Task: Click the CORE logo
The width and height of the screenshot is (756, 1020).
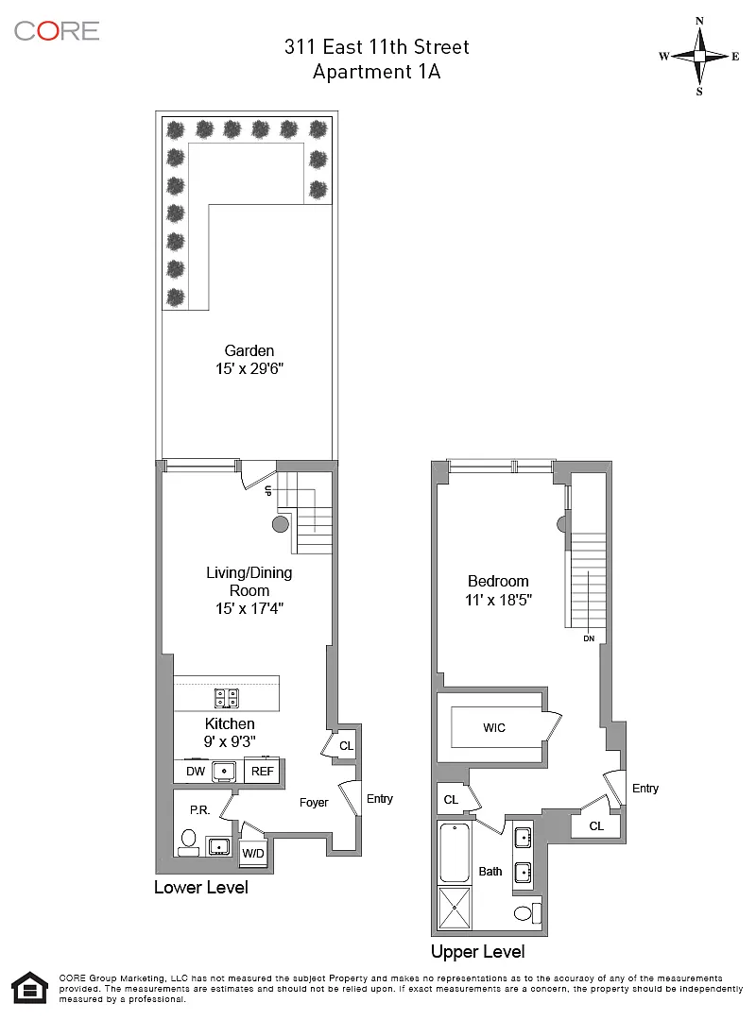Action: tap(57, 30)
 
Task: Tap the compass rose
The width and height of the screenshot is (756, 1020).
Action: tap(699, 57)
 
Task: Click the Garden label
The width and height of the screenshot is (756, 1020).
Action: tap(249, 350)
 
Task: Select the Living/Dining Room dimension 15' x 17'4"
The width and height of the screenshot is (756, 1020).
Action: tap(249, 608)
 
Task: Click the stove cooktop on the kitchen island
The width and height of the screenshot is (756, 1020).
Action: tap(227, 698)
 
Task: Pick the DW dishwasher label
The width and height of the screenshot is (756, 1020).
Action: tap(196, 771)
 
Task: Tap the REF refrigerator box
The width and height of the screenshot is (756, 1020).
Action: tap(263, 771)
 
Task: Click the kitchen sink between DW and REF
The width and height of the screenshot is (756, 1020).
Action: tap(224, 771)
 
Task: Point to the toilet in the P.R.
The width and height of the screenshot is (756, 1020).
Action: tap(189, 841)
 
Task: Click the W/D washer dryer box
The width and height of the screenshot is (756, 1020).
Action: tap(252, 852)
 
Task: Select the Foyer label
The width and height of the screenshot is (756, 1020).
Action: tap(314, 802)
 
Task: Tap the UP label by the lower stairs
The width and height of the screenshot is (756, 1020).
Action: tap(267, 491)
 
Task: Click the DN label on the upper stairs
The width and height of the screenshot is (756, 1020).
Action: tap(589, 638)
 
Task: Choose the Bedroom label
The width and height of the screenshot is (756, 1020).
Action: tap(498, 581)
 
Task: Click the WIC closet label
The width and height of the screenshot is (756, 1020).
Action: tap(494, 727)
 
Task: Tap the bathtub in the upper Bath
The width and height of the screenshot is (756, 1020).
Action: tap(455, 853)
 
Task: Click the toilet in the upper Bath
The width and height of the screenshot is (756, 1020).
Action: tap(527, 912)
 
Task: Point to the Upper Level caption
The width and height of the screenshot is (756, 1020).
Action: tap(478, 952)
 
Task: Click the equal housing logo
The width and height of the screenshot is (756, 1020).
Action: tap(30, 988)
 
